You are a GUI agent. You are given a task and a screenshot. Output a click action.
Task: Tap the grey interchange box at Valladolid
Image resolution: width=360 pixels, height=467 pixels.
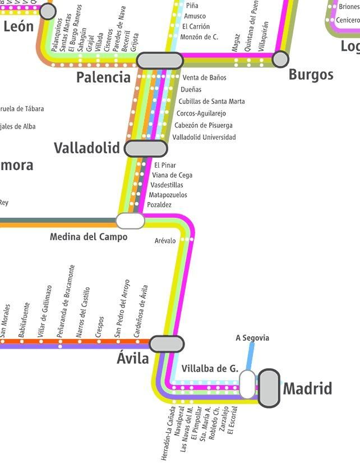coord(146,149)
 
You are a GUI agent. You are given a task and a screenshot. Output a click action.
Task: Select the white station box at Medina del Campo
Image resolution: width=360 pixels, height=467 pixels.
coord(130,221)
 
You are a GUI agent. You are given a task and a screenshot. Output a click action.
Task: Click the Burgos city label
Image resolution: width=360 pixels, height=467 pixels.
coord(311,75)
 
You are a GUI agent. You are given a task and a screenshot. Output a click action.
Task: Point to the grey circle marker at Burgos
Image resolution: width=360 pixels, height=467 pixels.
coord(280,58)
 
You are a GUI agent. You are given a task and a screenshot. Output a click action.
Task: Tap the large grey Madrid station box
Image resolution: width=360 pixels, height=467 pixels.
coord(269,388)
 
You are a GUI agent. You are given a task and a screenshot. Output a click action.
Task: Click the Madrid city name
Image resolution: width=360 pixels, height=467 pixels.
coord(307,388)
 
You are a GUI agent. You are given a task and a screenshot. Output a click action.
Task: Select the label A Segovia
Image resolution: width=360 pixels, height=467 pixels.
coord(252,338)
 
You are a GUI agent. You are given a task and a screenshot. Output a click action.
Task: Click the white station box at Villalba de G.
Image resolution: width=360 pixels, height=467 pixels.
coord(247,384)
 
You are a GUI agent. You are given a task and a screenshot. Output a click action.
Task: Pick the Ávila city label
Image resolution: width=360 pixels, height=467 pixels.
coord(133,359)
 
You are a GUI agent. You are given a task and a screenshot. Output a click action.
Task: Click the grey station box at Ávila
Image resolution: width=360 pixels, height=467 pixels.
coord(167,344)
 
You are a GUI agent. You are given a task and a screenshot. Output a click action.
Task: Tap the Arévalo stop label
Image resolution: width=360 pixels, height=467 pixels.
coord(165,241)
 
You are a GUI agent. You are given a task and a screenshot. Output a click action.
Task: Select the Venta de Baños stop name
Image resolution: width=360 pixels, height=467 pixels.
coord(204,77)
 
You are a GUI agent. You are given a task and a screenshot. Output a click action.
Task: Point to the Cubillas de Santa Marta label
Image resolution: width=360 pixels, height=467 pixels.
coord(211,102)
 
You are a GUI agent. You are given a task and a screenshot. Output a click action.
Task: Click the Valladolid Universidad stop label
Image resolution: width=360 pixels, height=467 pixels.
coord(204,138)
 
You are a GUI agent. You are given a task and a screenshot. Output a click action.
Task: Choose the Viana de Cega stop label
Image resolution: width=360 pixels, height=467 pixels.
coord(172,175)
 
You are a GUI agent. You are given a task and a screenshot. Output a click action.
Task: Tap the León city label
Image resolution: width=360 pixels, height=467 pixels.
coord(19,26)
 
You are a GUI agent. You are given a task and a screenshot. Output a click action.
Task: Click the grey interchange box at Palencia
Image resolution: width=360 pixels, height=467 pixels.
coord(160,61)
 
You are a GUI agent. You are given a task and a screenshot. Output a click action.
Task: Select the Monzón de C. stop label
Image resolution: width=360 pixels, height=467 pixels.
coord(199,37)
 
